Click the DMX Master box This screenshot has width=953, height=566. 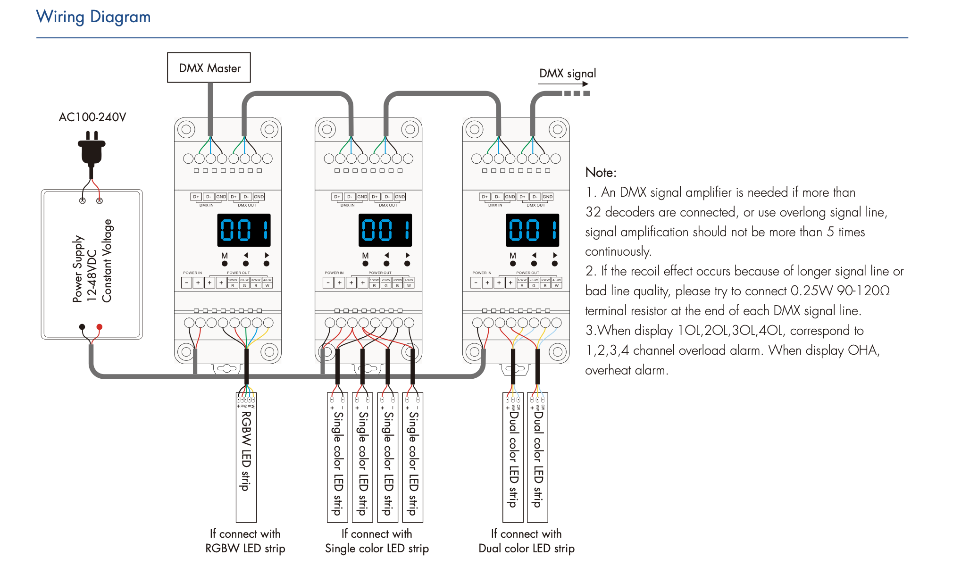[209, 68]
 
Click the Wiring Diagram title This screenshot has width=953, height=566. [93, 17]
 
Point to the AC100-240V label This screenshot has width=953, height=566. [92, 117]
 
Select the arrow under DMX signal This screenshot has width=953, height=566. [563, 84]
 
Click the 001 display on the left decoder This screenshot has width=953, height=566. [244, 230]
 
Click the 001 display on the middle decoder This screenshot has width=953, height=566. [385, 230]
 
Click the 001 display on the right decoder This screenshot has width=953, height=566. [532, 230]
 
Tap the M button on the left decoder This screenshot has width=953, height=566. [225, 263]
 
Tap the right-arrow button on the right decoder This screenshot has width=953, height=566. [555, 263]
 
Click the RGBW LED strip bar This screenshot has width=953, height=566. [246, 458]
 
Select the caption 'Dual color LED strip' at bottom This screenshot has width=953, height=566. [527, 549]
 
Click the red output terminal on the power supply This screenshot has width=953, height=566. [100, 327]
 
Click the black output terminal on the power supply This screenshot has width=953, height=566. [82, 327]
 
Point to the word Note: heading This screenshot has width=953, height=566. [601, 173]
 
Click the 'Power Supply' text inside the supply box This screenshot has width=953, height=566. [78, 269]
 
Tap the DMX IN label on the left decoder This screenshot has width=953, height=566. [206, 205]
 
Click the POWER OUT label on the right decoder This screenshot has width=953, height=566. [527, 273]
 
